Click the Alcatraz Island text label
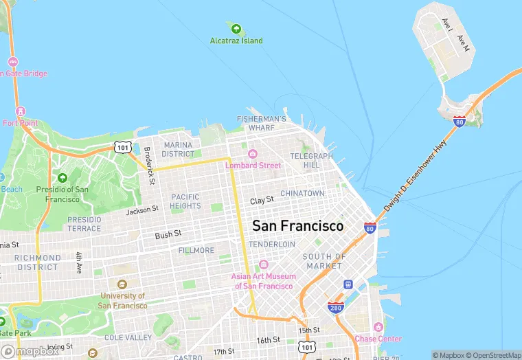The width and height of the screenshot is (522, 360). (x=236, y=41)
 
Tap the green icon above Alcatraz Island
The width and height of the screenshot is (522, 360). (x=236, y=29)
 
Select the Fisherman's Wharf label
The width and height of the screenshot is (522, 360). (x=261, y=123)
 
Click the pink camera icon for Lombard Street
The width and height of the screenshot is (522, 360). (x=253, y=154)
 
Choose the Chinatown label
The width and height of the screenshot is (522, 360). (x=302, y=194)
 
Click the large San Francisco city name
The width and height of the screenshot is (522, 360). (x=297, y=225)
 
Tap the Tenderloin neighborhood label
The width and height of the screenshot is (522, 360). (x=272, y=244)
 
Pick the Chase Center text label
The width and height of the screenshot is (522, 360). (x=378, y=339)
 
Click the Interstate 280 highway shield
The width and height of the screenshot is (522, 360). (x=336, y=308)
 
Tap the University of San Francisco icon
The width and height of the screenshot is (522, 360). (x=122, y=284)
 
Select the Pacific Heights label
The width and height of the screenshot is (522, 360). (x=185, y=201)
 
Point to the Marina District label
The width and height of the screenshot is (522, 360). (x=178, y=149)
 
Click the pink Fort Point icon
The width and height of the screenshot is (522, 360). (x=20, y=112)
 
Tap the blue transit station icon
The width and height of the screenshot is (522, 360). (x=348, y=284)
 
